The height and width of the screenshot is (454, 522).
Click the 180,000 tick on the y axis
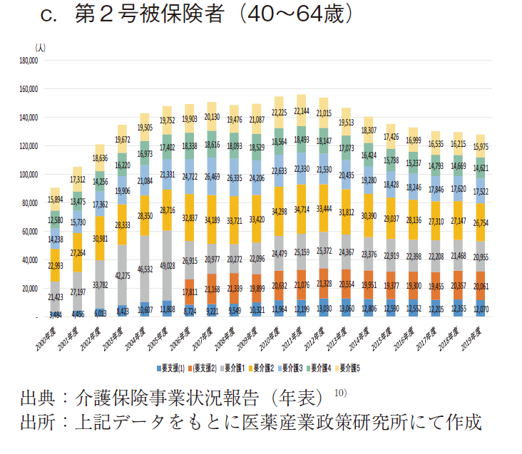coord(29,61)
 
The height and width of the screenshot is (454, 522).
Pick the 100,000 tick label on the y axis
coord(29,175)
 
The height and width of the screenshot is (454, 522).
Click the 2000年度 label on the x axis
coord(49,339)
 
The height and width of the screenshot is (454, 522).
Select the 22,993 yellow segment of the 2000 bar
coord(54,266)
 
